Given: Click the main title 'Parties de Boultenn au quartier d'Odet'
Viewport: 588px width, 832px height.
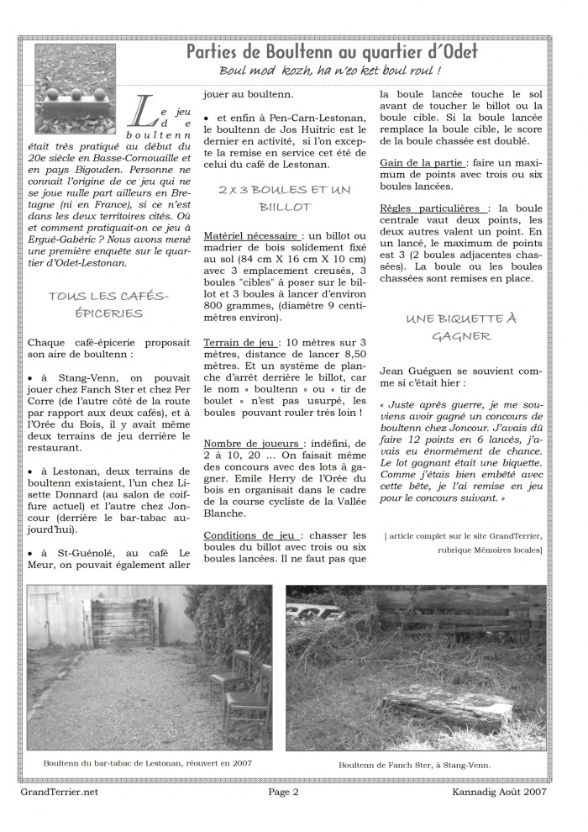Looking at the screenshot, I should (331, 51).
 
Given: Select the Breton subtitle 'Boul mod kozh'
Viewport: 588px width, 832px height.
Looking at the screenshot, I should (267, 71).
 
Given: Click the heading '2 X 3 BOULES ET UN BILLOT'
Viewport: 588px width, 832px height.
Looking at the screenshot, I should (285, 198).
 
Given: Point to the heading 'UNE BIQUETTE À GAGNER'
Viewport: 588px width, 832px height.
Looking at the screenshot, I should (461, 327).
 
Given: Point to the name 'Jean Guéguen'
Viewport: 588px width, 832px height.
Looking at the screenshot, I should (417, 369).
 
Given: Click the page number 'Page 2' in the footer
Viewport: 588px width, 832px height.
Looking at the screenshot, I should (283, 792).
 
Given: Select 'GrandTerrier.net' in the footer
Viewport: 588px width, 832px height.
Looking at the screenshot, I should (58, 792).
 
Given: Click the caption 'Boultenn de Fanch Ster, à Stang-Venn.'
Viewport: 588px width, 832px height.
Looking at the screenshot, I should (414, 765).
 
